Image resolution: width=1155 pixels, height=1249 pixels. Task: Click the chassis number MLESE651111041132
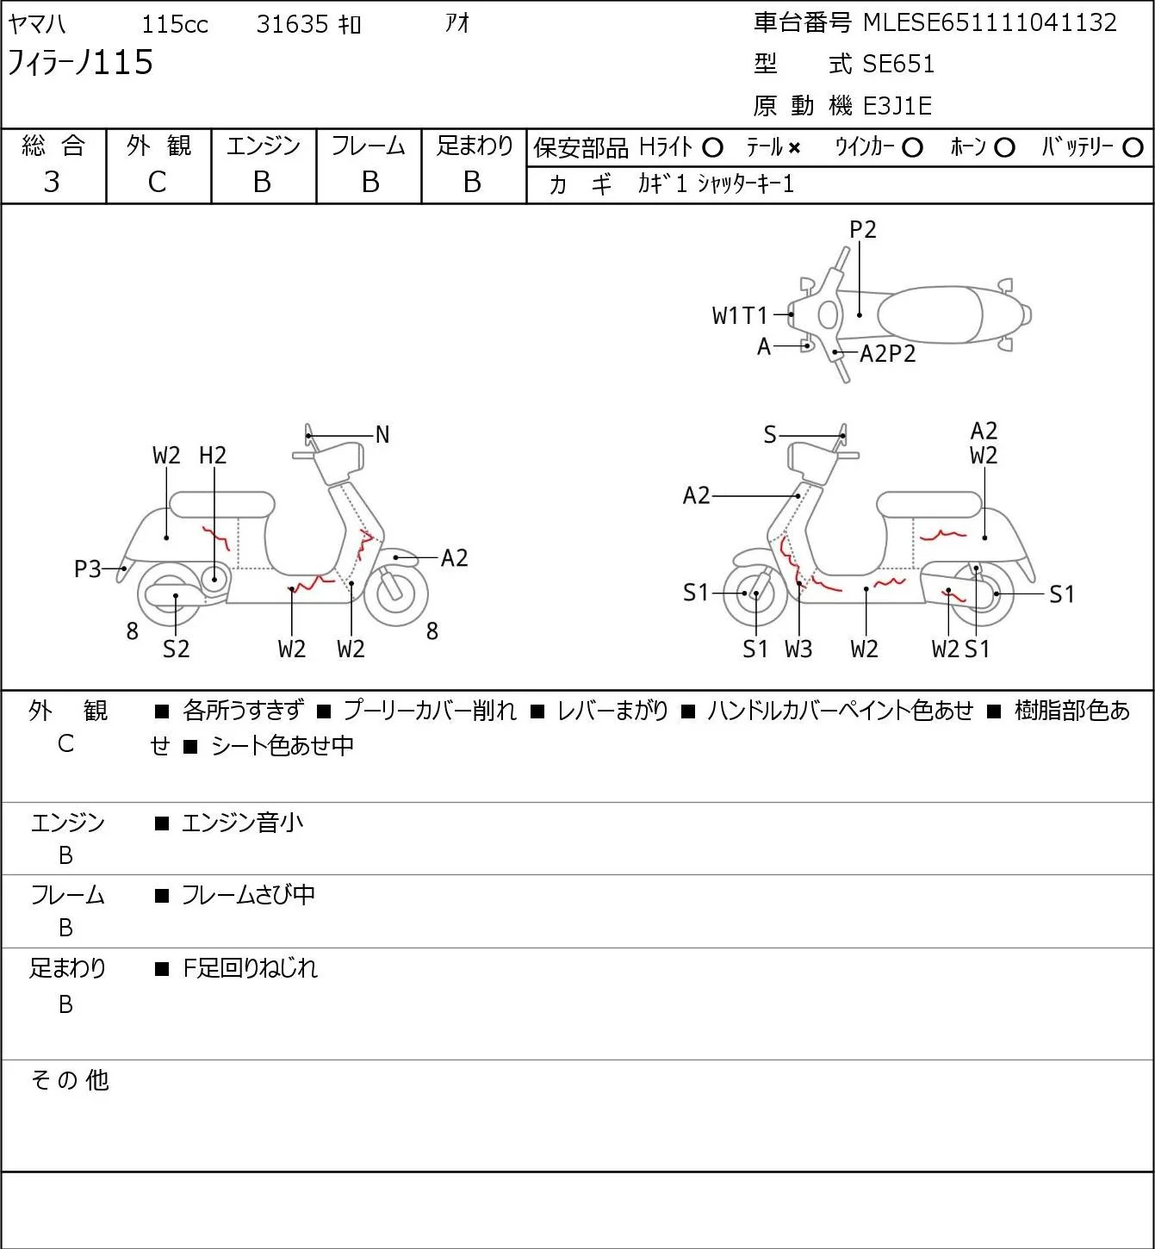tap(990, 23)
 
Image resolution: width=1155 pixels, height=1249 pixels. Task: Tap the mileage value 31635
tap(292, 24)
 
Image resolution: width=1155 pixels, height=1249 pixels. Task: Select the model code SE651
tap(898, 64)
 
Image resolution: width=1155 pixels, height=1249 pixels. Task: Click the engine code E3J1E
tap(897, 106)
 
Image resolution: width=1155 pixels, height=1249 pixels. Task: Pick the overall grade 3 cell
tap(52, 182)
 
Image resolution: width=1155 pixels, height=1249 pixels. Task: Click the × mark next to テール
tap(794, 148)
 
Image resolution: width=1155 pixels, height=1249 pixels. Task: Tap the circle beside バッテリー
tap(1133, 148)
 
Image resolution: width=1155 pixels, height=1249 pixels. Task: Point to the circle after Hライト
tap(712, 148)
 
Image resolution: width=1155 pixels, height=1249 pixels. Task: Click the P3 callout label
tap(88, 569)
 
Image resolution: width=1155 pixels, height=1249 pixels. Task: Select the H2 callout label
tap(213, 455)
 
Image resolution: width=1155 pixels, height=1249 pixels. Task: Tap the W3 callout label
tap(798, 649)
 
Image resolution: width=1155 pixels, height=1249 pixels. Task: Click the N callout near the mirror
tap(382, 435)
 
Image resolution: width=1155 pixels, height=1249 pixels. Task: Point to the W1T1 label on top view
tap(740, 315)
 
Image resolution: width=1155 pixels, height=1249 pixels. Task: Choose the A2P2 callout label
tap(888, 353)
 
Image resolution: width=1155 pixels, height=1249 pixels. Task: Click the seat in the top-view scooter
tap(929, 314)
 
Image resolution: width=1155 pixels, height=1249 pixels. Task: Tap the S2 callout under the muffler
tap(177, 649)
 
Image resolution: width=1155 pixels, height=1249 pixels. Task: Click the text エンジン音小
tap(243, 823)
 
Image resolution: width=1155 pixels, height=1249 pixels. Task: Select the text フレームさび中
tap(249, 895)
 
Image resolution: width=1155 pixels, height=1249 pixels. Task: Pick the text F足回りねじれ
tap(250, 968)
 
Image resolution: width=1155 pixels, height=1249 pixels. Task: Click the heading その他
tap(70, 1080)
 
